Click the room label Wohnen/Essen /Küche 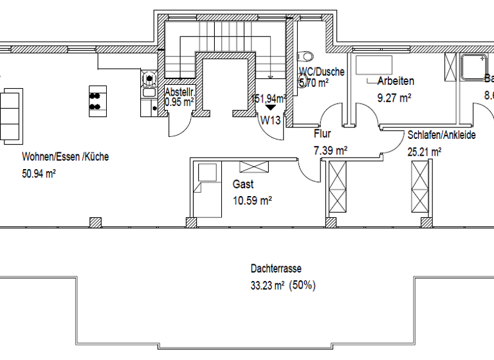pos(65,156)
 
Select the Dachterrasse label pos(276,269)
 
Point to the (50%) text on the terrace pos(302,285)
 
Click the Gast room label pos(242,184)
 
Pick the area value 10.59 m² pos(252,201)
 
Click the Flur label pos(322,134)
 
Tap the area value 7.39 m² pos(330,150)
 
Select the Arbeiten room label pos(395,82)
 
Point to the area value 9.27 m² pos(394,98)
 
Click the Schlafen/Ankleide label pos(441,136)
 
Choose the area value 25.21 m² pos(425,152)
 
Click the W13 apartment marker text pos(271,119)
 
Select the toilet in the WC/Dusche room pos(306,56)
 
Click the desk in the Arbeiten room pos(374,65)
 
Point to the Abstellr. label pos(179,92)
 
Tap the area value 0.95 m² pos(179,102)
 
